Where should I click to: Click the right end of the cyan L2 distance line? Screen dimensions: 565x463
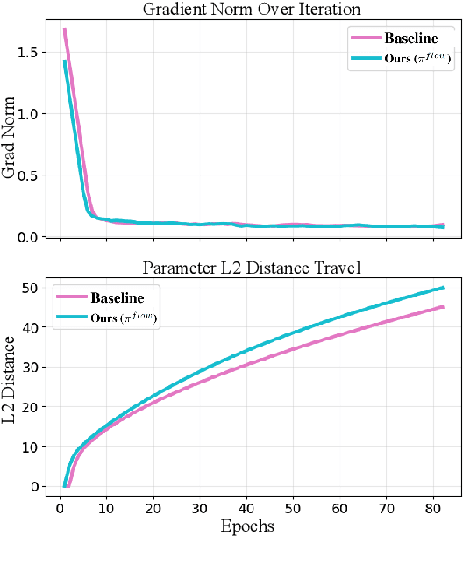[x=443, y=288]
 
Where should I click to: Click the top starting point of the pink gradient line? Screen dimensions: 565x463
[x=64, y=30]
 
